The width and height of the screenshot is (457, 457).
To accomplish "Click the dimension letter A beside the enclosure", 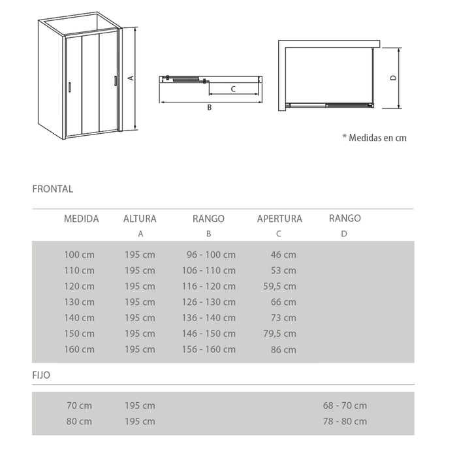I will pyautogui.click(x=131, y=78).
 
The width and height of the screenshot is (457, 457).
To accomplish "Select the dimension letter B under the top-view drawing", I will pyautogui.click(x=210, y=108).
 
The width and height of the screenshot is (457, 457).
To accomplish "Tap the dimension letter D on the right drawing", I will pyautogui.click(x=393, y=77).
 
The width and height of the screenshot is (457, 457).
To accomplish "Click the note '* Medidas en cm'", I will pyautogui.click(x=374, y=138).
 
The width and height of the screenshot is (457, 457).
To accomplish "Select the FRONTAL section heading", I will pyautogui.click(x=52, y=189).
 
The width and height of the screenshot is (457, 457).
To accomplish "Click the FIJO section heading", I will pyautogui.click(x=41, y=375).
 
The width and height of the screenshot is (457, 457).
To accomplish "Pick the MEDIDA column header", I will pyautogui.click(x=81, y=219).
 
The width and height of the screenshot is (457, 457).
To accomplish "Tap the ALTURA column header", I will pyautogui.click(x=140, y=219).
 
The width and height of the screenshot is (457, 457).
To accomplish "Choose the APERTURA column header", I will pyautogui.click(x=279, y=219).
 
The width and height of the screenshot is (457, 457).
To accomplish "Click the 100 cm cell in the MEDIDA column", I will pyautogui.click(x=79, y=255).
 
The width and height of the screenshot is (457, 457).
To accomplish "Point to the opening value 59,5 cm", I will pyautogui.click(x=281, y=286).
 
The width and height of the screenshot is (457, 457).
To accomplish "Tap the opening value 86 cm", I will pyautogui.click(x=283, y=349).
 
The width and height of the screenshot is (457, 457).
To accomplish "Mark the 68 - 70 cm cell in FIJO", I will pyautogui.click(x=345, y=405).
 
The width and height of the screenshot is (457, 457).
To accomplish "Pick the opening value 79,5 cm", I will pyautogui.click(x=281, y=334).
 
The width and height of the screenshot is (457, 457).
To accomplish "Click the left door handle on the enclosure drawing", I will pyautogui.click(x=69, y=87).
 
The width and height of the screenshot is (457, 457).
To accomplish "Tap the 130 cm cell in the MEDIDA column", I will pyautogui.click(x=79, y=302).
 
